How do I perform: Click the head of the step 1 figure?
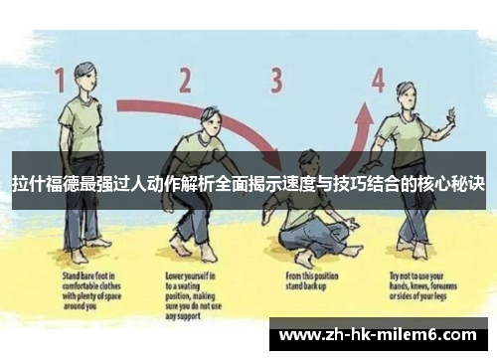pos(84,75)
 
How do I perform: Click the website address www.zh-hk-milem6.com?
pos(382,338)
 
